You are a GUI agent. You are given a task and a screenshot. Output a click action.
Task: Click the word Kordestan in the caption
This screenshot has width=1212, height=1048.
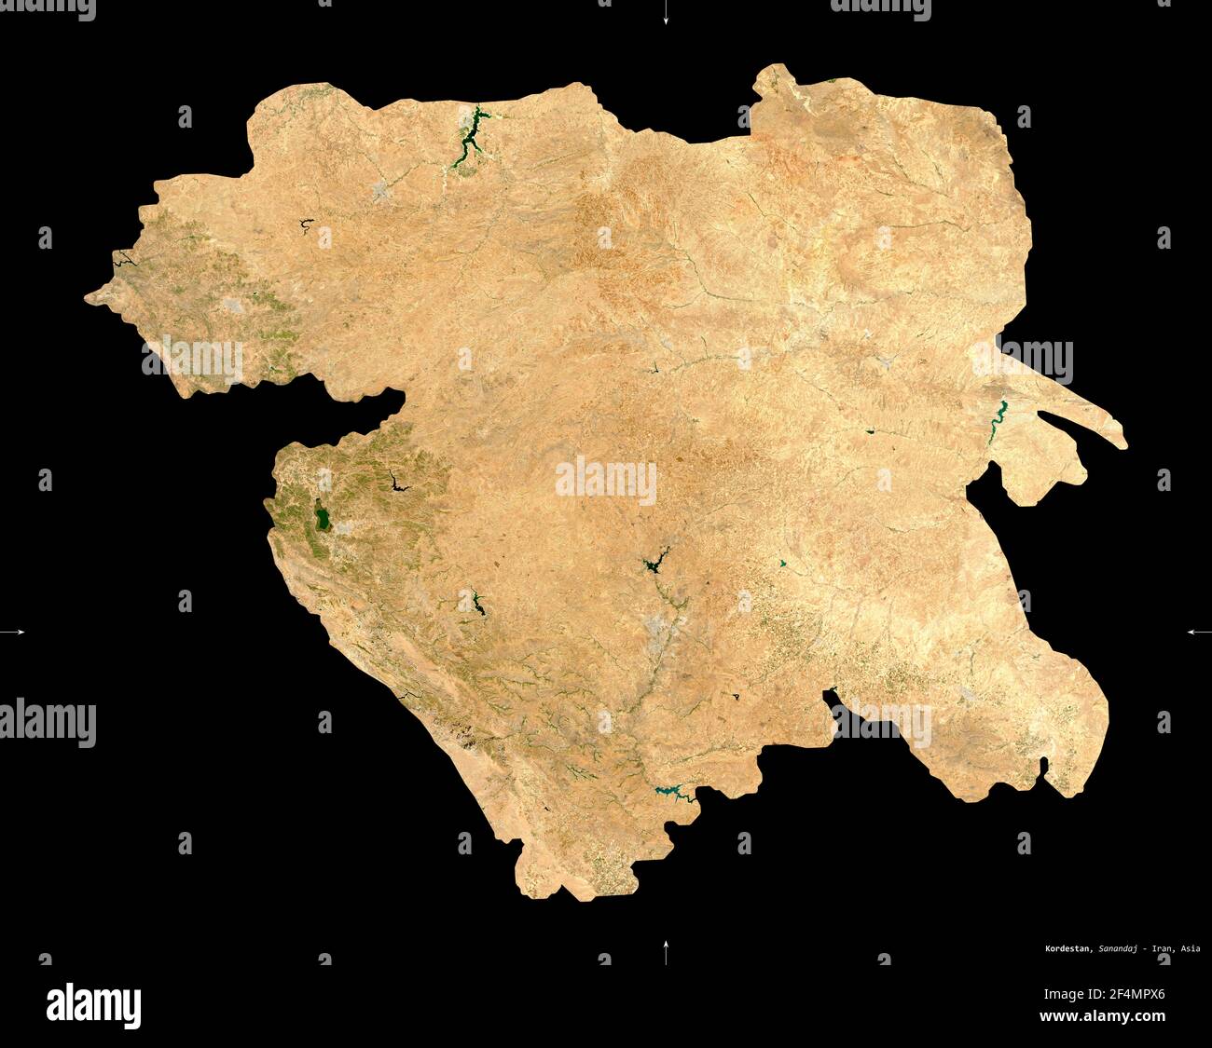tap(1067, 949)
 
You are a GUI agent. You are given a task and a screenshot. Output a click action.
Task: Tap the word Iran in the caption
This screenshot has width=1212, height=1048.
tap(1163, 949)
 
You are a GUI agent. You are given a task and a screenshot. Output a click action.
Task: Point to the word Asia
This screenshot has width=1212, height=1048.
tap(1190, 949)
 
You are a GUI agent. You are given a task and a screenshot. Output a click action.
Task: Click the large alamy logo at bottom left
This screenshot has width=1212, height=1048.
tap(93, 1005)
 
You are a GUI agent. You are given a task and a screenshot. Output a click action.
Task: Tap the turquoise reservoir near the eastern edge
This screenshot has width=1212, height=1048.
tap(999, 414)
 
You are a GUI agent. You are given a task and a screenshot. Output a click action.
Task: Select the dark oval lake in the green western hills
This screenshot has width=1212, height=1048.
tap(323, 518)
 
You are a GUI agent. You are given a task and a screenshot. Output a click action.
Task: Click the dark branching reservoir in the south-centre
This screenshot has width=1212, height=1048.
tap(654, 563)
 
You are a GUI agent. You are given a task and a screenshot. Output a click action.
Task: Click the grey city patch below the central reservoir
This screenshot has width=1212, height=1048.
tap(664, 633)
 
